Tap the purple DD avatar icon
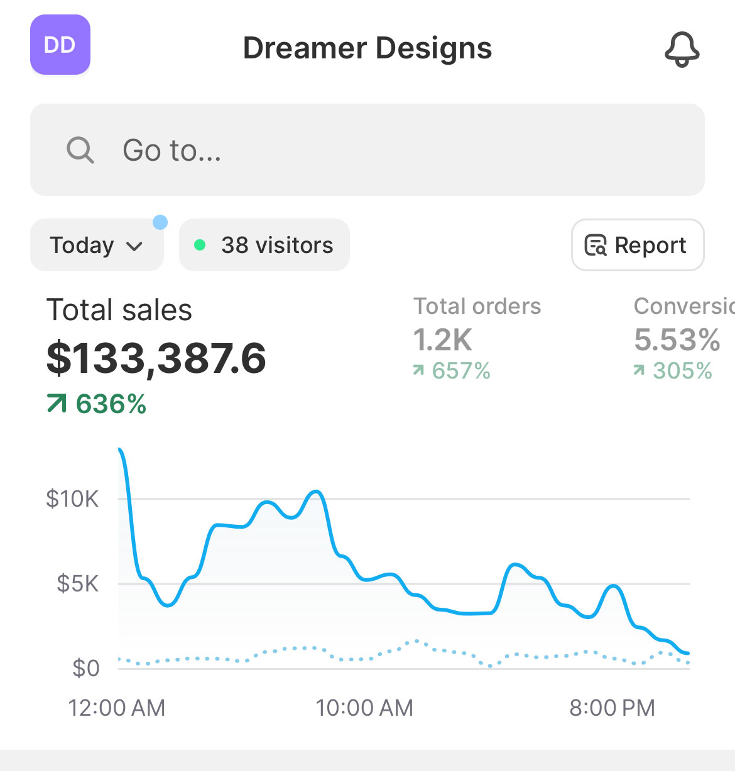click(x=60, y=45)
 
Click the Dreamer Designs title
click(x=367, y=48)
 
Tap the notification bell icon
click(x=682, y=49)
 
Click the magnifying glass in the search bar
click(x=80, y=150)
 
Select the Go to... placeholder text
click(x=172, y=151)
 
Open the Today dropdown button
click(x=97, y=245)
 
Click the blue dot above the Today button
click(x=160, y=222)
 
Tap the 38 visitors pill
click(x=264, y=245)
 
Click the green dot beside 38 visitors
click(x=200, y=245)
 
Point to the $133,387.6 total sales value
click(x=156, y=358)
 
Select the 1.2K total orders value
click(x=443, y=340)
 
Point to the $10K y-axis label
click(x=72, y=499)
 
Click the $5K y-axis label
click(x=77, y=584)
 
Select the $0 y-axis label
click(x=86, y=669)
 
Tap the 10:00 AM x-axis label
click(x=364, y=708)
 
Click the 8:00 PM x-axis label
click(x=612, y=708)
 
